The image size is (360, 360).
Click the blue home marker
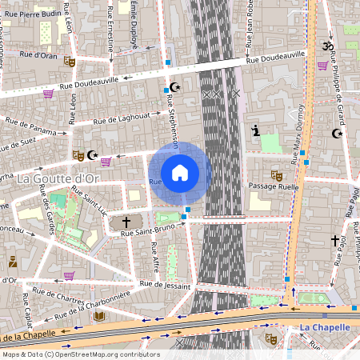pos(180,173)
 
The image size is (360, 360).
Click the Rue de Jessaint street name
pos(166,285)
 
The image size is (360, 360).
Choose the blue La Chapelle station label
pos(326,327)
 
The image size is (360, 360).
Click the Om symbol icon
pos(326,47)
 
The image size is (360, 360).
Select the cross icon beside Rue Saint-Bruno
pos(126,222)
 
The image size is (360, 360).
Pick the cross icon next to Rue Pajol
pos(335,240)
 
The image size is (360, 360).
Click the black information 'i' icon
pos(255,130)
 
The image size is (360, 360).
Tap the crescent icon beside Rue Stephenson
pos(176,86)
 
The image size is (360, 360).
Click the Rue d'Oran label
pos(39,55)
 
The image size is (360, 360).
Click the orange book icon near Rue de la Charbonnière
pos(99,317)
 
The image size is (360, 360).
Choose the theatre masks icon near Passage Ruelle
pos(277,174)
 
